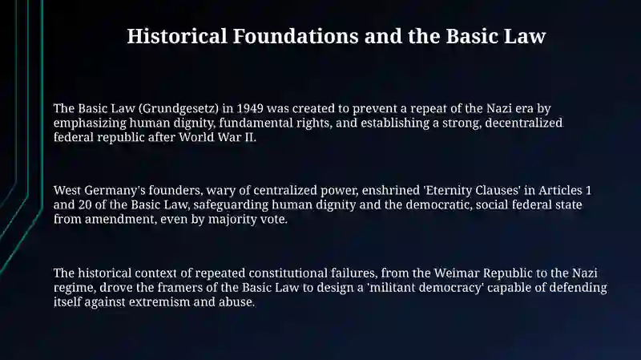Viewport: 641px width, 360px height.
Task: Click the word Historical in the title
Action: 177,36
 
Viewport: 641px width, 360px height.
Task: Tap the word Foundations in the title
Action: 296,36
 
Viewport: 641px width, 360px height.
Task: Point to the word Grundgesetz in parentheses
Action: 179,109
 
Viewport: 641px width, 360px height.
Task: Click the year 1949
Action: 250,108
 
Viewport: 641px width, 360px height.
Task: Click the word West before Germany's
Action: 67,191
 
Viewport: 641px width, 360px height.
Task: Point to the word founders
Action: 175,191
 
